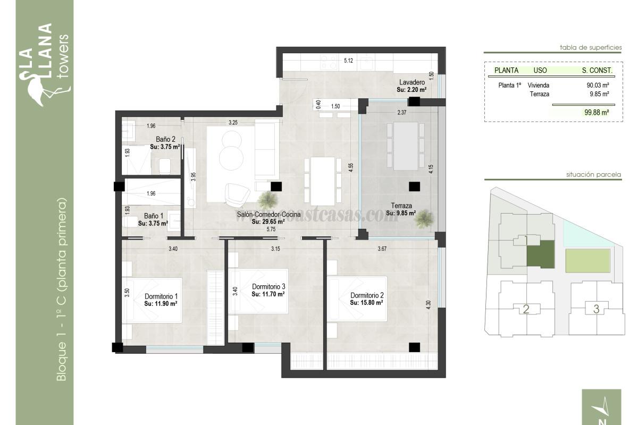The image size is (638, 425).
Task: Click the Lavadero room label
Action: coord(412,82)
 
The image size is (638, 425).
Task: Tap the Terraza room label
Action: coord(401,206)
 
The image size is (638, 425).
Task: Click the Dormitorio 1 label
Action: coord(161,296)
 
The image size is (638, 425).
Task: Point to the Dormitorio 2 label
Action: coord(367,295)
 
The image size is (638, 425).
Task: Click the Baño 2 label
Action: coord(162,139)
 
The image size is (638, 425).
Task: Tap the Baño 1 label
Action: coord(154,216)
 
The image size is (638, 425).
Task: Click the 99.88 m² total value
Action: coord(595,112)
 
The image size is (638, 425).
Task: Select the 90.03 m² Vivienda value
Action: coord(598,85)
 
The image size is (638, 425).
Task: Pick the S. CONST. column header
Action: coord(597,70)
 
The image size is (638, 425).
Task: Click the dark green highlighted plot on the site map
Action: coord(540,254)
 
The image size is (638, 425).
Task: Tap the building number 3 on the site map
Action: coord(597,309)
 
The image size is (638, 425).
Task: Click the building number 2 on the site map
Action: coord(526,309)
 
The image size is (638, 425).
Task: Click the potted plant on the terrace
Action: coord(424,217)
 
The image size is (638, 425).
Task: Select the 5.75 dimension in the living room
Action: coord(271,229)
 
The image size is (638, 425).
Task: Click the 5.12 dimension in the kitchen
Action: coord(349,61)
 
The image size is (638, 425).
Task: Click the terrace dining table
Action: coord(406,145)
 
